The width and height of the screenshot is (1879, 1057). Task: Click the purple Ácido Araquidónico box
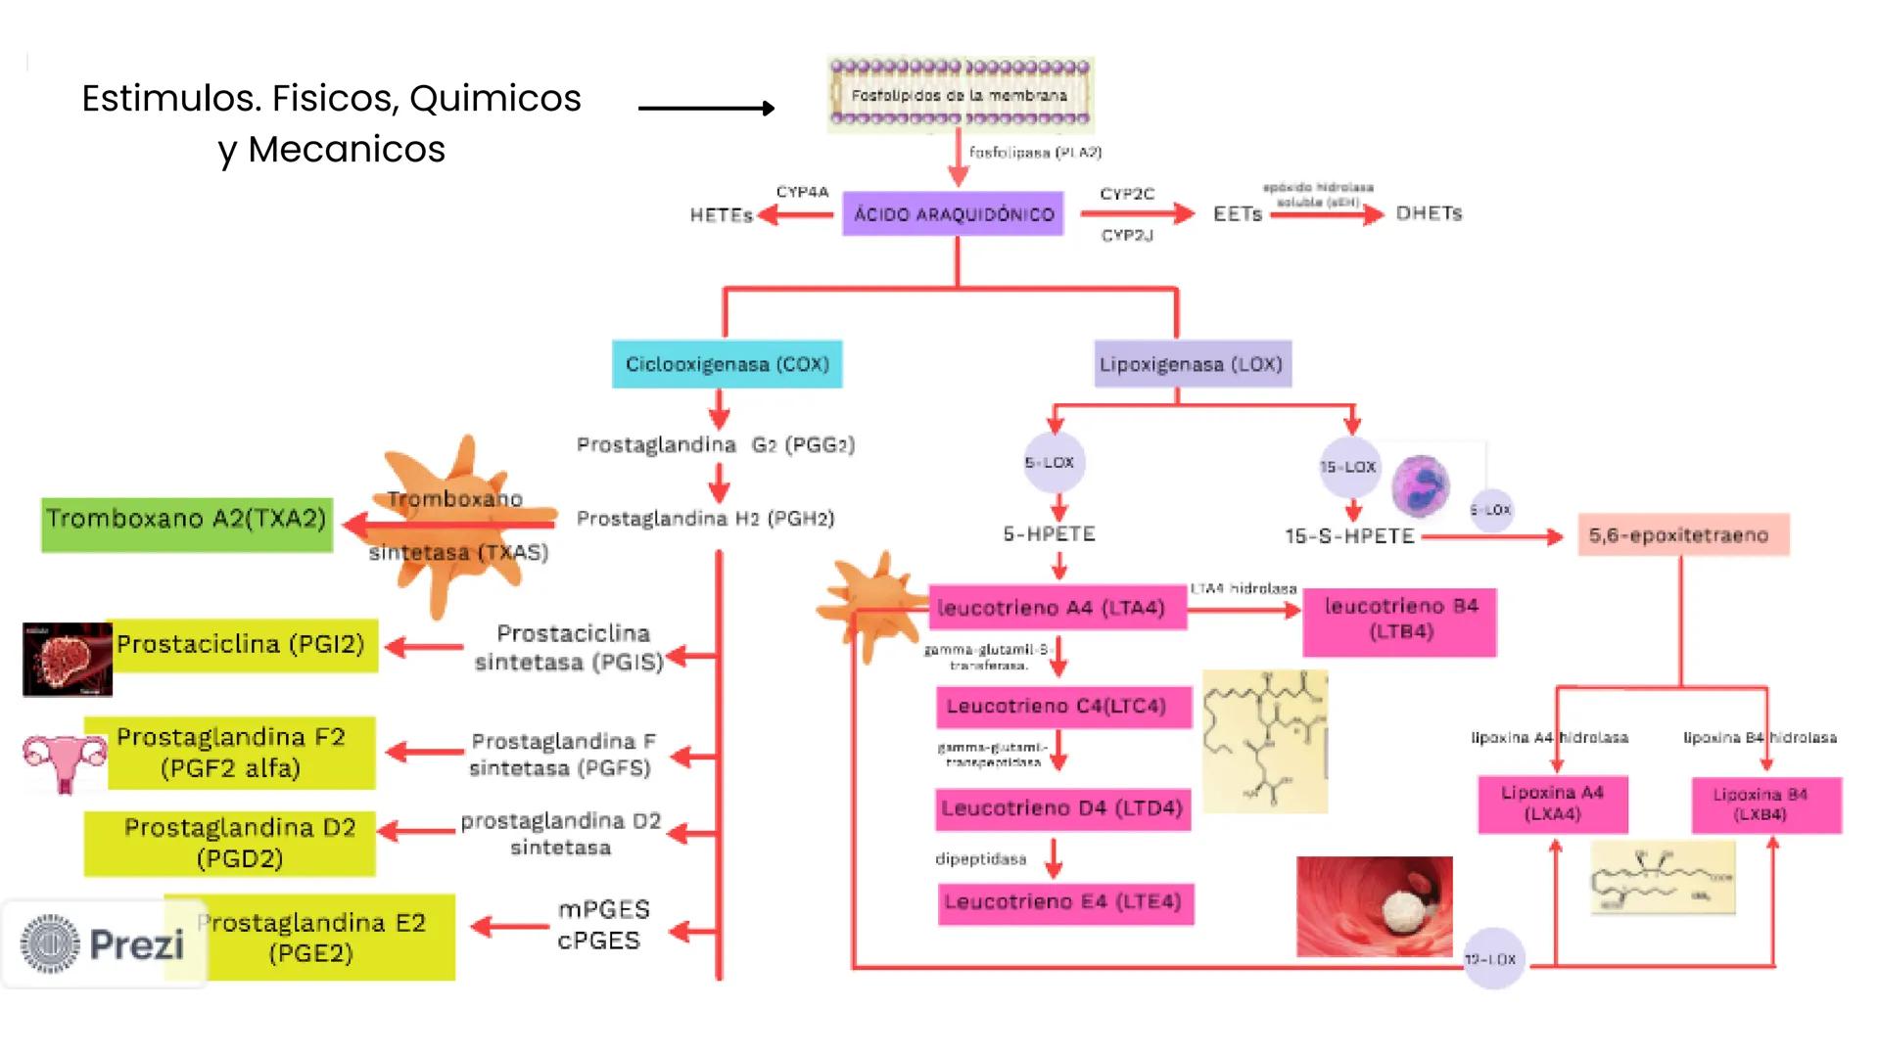click(x=953, y=214)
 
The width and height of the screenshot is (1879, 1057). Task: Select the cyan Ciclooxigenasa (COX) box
click(x=727, y=364)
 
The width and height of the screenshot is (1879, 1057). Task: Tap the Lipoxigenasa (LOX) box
click(x=1192, y=364)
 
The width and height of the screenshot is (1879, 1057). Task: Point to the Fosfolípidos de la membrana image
click(x=960, y=95)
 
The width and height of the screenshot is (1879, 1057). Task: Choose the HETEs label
click(x=720, y=215)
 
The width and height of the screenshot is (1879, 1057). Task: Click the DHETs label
click(x=1429, y=213)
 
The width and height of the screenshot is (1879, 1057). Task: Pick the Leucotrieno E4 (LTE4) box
click(x=1064, y=902)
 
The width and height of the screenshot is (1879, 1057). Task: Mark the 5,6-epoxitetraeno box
click(x=1682, y=535)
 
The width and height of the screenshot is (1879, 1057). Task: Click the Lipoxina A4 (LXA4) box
click(x=1552, y=804)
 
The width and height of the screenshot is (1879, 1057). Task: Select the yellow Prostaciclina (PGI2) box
click(x=241, y=645)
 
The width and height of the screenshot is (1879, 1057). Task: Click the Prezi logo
click(x=103, y=944)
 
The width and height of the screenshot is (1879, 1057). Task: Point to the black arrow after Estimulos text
click(x=706, y=109)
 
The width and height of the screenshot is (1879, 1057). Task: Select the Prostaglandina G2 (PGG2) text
click(x=715, y=445)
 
